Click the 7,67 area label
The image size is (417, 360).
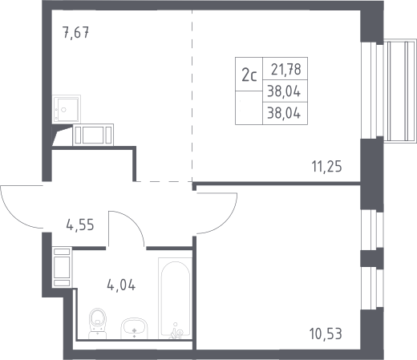(75, 33)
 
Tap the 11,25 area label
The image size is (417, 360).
(326, 167)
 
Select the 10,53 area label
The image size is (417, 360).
(326, 334)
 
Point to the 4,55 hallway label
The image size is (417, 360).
(80, 224)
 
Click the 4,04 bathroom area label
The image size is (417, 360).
(121, 285)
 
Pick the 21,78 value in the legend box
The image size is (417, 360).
(286, 69)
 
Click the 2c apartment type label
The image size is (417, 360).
(249, 75)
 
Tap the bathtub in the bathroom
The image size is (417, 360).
(175, 298)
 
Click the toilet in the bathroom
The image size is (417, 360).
(97, 323)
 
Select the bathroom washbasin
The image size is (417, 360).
(134, 329)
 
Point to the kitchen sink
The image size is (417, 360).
(67, 109)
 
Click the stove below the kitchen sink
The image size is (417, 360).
(93, 135)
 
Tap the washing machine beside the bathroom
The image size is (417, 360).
(62, 267)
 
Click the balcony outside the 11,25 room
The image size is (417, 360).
(400, 91)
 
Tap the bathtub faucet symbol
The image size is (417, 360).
(176, 330)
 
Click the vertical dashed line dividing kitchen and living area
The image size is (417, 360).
(192, 95)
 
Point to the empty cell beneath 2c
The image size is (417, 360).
(249, 107)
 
